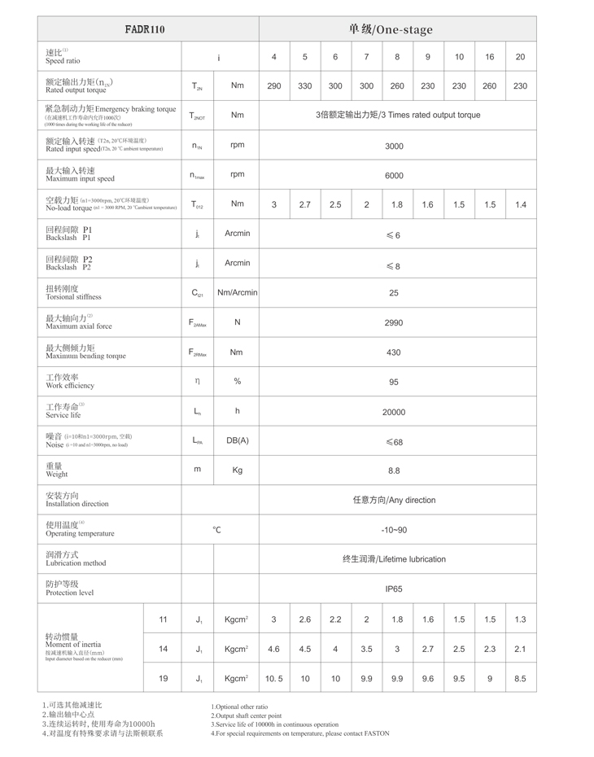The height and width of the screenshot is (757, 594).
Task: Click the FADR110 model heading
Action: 146,29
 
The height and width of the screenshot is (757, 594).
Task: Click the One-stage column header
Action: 391,29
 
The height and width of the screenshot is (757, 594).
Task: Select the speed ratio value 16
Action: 490,57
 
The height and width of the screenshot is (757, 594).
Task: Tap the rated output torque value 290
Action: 274,86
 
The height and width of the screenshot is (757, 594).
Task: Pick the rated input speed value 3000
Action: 394,146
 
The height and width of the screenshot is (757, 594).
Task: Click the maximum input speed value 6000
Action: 394,176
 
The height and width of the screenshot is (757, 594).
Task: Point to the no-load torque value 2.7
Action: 305,205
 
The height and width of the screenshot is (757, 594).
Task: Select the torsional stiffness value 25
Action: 394,293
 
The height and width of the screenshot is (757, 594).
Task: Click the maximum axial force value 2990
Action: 394,323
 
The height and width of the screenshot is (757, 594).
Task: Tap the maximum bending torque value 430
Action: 394,352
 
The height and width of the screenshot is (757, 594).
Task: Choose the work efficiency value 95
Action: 394,382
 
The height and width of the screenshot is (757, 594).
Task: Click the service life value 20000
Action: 394,412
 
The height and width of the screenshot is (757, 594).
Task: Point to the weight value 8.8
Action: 394,470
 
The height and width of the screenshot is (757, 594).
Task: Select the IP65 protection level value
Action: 394,589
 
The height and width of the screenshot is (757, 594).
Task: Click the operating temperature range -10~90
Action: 394,530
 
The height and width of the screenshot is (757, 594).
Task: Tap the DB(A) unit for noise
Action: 237,440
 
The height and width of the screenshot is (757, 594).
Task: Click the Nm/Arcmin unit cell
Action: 237,293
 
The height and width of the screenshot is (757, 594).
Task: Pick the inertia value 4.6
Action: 274,649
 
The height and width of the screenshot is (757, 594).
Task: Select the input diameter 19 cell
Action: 163,678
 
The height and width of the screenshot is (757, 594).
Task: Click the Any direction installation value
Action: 394,500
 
